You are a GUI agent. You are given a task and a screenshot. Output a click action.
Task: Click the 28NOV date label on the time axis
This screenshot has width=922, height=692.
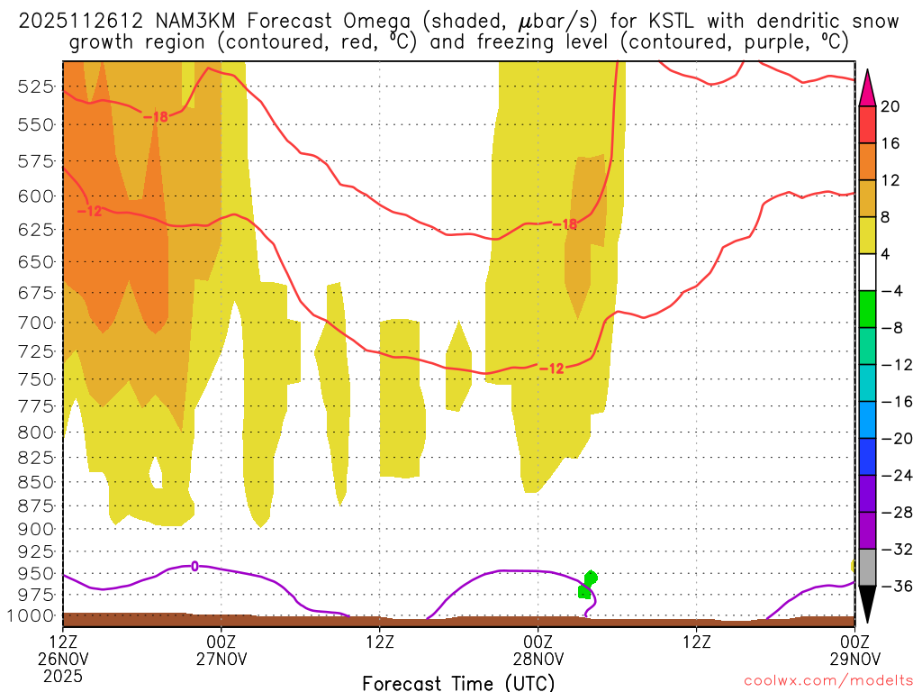coord(538,658)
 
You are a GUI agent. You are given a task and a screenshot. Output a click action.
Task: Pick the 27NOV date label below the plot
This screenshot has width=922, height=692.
coord(221,658)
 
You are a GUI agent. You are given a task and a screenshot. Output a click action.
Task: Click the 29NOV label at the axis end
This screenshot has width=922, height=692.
coord(854,658)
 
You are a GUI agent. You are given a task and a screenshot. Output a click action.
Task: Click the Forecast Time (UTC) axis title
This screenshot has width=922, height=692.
coord(458,682)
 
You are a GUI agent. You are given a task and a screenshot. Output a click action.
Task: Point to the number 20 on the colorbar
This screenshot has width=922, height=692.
coord(890,106)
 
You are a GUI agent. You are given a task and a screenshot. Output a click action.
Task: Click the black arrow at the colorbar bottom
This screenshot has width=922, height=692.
coord(868,605)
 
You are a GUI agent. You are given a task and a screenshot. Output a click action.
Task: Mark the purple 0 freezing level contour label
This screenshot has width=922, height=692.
coord(194,566)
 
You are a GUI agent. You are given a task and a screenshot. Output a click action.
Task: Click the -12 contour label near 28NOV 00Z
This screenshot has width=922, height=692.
coord(551,368)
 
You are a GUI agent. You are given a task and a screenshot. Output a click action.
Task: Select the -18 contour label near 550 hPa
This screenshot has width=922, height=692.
coord(155,116)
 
